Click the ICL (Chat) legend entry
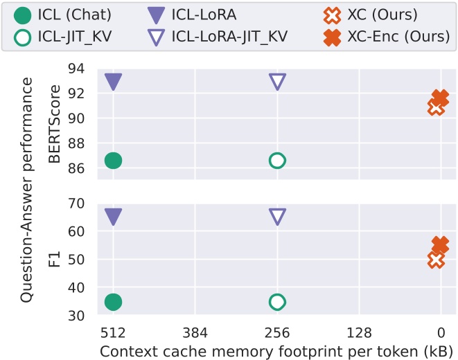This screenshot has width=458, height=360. point(65,15)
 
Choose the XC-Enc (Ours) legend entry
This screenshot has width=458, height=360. point(388,36)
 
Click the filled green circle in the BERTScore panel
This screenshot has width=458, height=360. point(113,161)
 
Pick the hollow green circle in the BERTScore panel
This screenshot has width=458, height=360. point(277,161)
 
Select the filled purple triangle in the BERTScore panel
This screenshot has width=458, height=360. point(113,82)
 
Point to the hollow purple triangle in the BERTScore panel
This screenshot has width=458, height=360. point(277,82)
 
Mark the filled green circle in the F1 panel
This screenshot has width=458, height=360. point(113,302)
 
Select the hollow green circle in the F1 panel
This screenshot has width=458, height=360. point(277,302)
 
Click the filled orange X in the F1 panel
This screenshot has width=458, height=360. point(440,245)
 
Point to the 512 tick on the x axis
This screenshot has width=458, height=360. point(113,331)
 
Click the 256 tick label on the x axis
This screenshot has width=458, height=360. point(277,331)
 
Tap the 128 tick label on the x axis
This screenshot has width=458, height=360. point(359,331)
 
